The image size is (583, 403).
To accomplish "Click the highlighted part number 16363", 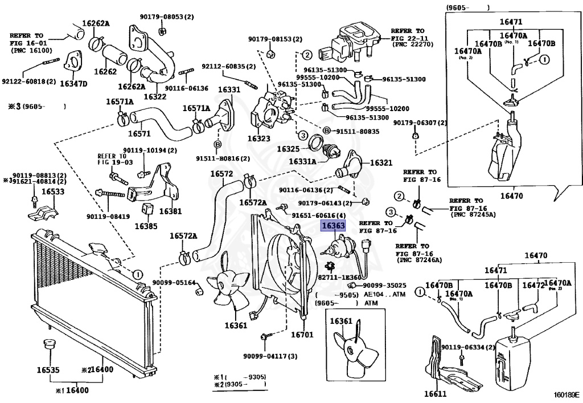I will pos(333,226).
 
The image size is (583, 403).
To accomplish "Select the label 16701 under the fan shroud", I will pos(302,335).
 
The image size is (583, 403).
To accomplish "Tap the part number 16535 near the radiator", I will pos(48,369).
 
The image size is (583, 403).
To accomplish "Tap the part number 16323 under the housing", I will pos(259,139).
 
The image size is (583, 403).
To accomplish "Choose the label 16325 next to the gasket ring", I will pos(289,149).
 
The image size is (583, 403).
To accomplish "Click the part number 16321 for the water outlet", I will pos(381,162).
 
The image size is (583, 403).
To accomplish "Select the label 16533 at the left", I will pos(38,193).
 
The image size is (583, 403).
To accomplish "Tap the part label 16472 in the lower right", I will pos(533,284).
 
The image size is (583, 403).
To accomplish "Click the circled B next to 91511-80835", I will pos(327,131).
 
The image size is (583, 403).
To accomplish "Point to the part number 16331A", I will pos(302,161).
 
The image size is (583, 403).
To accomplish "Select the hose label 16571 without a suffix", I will pos(139,134).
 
